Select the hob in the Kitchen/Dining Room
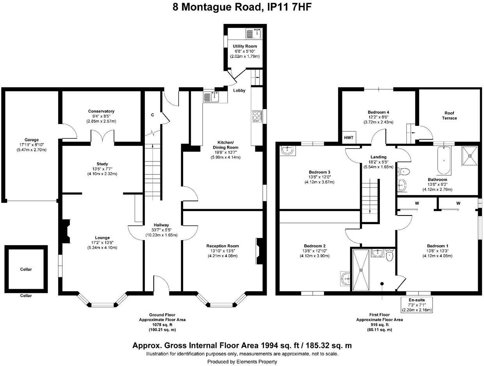coord(257,117)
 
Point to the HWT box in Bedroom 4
coord(348,138)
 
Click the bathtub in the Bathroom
coord(444,160)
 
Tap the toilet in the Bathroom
coord(404,171)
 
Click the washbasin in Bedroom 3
coord(287,150)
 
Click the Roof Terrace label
coord(449,115)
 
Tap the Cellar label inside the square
coord(26,269)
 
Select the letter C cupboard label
coord(153,115)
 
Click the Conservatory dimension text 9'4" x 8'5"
coord(101,116)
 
